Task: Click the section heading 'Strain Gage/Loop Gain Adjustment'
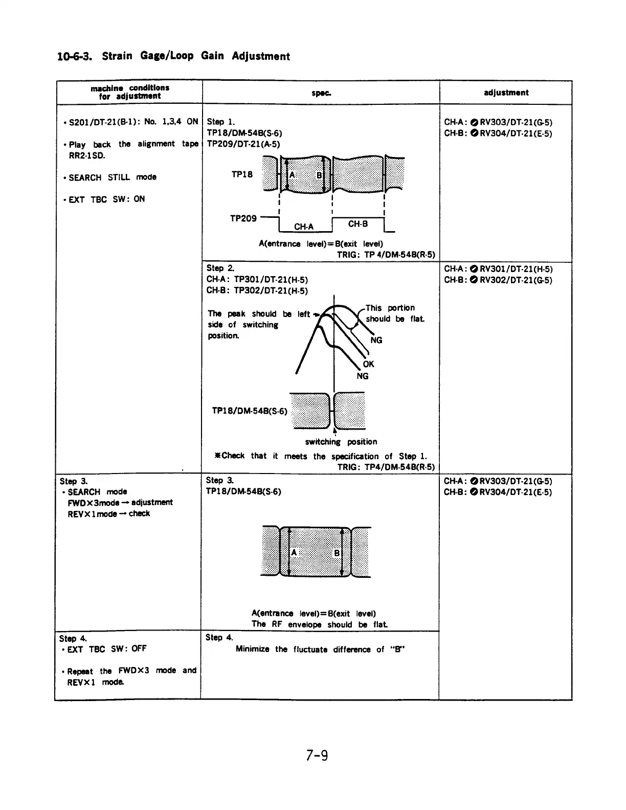pyautogui.click(x=196, y=56)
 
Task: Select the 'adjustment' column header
pyautogui.click(x=506, y=93)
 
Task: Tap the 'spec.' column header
pyautogui.click(x=321, y=93)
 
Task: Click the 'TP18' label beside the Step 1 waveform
pyautogui.click(x=242, y=174)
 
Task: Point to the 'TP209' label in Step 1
pyautogui.click(x=243, y=218)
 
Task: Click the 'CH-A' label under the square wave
pyautogui.click(x=304, y=227)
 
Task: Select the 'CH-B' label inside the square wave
pyautogui.click(x=358, y=224)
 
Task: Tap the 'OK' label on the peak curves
pyautogui.click(x=368, y=364)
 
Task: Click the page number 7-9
pyautogui.click(x=317, y=755)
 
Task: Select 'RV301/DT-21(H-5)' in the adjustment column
pyautogui.click(x=516, y=269)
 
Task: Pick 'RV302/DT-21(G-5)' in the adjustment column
pyautogui.click(x=516, y=280)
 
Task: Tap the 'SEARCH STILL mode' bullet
pyautogui.click(x=113, y=177)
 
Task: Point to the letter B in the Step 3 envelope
pyautogui.click(x=337, y=553)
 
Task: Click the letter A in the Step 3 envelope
pyautogui.click(x=294, y=553)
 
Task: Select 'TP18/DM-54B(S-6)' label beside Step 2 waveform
pyautogui.click(x=250, y=411)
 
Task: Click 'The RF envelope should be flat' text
pyautogui.click(x=319, y=624)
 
